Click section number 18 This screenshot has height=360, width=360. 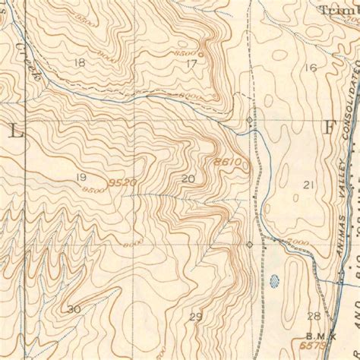coord(80,62)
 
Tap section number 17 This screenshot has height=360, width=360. coord(191,63)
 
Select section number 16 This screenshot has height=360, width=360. coord(310,68)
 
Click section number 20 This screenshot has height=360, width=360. coord(189,178)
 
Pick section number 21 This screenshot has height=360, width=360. coord(308,185)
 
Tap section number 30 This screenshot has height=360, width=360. coord(74,309)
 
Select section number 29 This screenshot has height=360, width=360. coord(196,316)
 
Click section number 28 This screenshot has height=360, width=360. coord(313,316)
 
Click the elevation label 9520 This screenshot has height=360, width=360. coord(122,183)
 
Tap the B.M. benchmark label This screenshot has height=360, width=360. coord(316,334)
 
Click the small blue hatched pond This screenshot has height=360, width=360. coord(273,286)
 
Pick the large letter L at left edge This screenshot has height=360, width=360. coord(17,130)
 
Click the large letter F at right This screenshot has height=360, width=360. coord(329,127)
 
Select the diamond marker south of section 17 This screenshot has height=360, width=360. coord(249,121)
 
